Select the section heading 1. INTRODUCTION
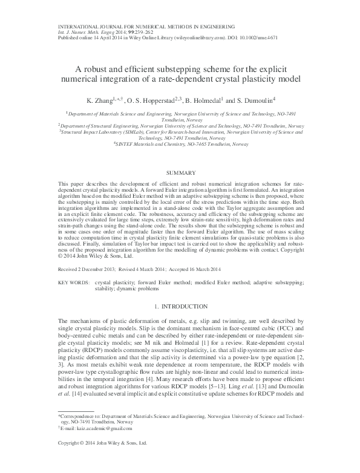pos(180,307)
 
